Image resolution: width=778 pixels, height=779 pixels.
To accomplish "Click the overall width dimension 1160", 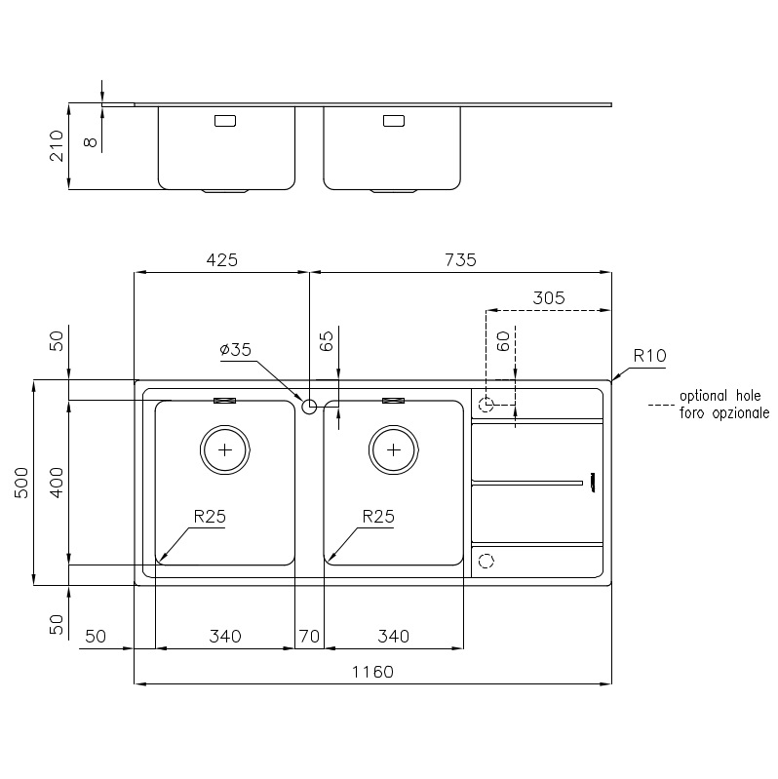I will click(372, 672).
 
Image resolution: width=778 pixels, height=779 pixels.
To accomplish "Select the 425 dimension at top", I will click(221, 259).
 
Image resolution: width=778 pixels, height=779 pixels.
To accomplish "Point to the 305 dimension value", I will click(549, 298).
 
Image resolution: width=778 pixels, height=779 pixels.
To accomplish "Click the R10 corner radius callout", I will click(649, 356).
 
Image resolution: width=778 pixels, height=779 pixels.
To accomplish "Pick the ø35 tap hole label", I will click(236, 349).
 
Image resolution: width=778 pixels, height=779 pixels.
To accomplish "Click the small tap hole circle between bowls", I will click(309, 406).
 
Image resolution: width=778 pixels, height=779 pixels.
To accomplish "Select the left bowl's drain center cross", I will click(225, 449).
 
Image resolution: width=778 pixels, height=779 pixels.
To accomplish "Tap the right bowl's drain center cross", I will click(393, 449).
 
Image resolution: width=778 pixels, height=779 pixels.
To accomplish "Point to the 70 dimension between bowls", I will click(309, 637).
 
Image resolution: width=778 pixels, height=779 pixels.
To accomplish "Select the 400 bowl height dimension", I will click(56, 483).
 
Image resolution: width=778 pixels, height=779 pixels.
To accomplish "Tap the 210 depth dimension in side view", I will click(56, 145).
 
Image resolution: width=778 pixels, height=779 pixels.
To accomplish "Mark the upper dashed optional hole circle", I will click(486, 403).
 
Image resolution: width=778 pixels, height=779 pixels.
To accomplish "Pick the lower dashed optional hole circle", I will click(486, 561).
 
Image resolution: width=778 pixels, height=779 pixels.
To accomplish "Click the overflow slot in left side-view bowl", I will click(225, 121).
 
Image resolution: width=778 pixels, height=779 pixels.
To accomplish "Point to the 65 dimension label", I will click(327, 341).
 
